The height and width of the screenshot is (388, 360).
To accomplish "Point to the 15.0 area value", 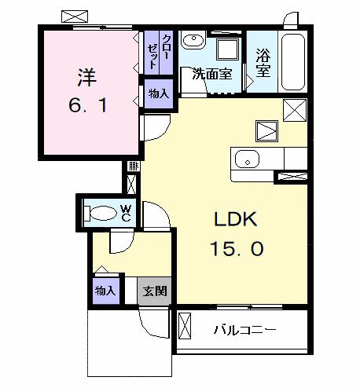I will (235, 249).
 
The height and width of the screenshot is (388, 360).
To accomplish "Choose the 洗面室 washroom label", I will (213, 75).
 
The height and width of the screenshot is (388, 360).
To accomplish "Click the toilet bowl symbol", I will (100, 212).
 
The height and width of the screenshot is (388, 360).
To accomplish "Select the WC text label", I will (126, 213).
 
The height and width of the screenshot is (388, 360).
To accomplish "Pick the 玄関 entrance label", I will (155, 291).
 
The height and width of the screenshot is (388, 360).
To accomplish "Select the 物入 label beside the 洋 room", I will (158, 93).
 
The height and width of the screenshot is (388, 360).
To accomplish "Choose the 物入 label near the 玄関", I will (105, 291).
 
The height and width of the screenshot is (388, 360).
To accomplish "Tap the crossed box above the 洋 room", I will (75, 16).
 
